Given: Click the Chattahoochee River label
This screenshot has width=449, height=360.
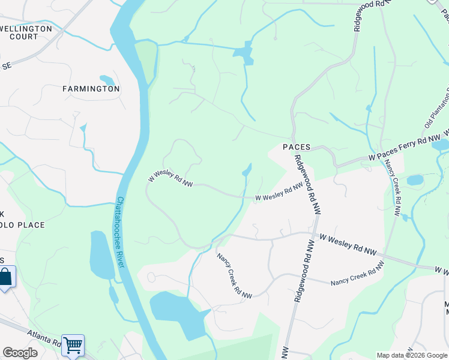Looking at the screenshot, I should point(120,233).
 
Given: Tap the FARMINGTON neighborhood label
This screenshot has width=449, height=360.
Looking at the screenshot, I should point(91,89).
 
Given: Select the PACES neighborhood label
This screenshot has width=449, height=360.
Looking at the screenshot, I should point(297,147).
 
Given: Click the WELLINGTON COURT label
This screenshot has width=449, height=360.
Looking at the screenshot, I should point(27,32).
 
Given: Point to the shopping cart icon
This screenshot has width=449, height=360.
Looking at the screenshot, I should point(73,346).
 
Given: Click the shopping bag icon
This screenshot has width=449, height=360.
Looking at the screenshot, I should point(5,277).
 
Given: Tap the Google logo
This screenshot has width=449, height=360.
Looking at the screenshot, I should point(20,353).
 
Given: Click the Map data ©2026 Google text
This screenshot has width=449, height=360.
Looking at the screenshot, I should point(412,355).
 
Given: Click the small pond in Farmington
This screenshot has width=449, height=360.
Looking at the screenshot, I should point(107,80).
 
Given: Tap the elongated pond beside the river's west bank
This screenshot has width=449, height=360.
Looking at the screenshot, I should point(101,254).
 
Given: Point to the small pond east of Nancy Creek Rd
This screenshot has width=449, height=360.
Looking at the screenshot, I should point(415,180).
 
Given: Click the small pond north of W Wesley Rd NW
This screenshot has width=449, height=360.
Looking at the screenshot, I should point(246,172).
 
